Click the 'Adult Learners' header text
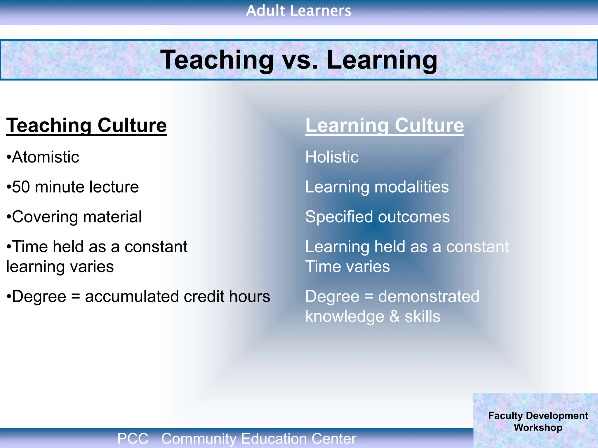[x=298, y=11]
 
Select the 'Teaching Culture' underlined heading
[x=86, y=125]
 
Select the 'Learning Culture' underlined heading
[x=384, y=125]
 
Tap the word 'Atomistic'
[x=45, y=157]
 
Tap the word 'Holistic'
[x=332, y=157]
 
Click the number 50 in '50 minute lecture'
[x=21, y=187]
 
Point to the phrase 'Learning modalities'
[x=377, y=187]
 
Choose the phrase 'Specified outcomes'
[x=377, y=217]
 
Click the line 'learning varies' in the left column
[x=60, y=267]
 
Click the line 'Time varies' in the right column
[x=347, y=267]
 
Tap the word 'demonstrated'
[x=429, y=297]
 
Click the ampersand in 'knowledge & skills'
[x=394, y=316]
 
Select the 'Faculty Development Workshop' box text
[x=538, y=421]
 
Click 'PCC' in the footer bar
[x=133, y=438]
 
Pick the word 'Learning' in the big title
[x=382, y=60]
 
